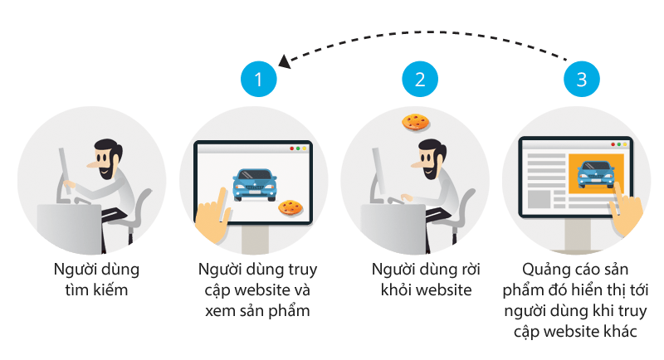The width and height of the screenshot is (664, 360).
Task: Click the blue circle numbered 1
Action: click(x=258, y=79)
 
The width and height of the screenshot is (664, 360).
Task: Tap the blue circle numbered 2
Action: click(x=420, y=79)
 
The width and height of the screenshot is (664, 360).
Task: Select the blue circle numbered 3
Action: click(x=582, y=79)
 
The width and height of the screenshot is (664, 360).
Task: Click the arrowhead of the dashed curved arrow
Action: click(x=285, y=61)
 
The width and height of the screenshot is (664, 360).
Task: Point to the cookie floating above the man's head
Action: click(x=416, y=122)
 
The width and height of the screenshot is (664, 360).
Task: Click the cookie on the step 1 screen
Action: click(x=290, y=207)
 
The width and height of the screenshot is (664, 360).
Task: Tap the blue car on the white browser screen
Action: click(x=255, y=185)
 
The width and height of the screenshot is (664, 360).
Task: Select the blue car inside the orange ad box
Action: click(x=596, y=174)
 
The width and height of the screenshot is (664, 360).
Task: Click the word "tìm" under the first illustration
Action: click(x=76, y=290)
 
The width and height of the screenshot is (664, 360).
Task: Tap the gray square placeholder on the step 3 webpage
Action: click(x=539, y=199)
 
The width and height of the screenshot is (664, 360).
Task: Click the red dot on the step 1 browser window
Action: click(x=291, y=148)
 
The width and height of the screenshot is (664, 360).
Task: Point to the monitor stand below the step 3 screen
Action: click(x=577, y=235)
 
